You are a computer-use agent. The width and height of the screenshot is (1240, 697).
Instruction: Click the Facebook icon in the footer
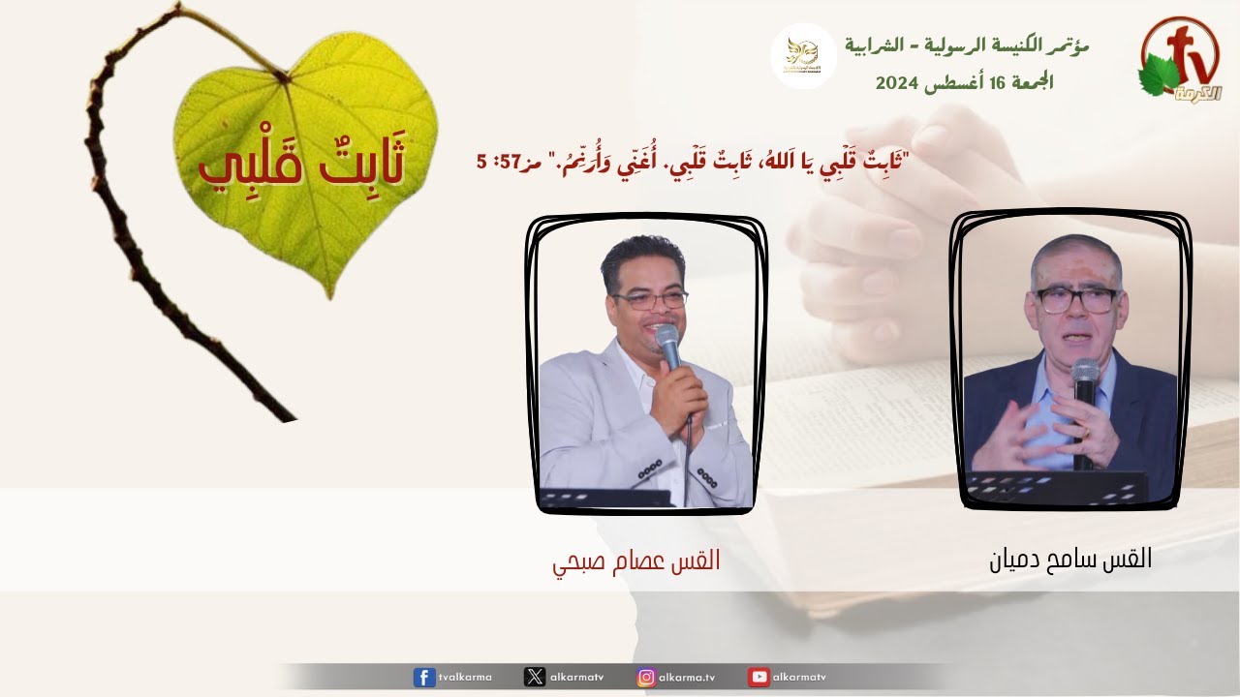tap(424, 677)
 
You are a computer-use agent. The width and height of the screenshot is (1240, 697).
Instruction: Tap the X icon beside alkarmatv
tap(534, 677)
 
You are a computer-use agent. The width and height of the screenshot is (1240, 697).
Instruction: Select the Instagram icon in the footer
tap(646, 677)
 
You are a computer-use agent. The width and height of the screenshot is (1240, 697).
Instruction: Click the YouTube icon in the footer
tap(759, 677)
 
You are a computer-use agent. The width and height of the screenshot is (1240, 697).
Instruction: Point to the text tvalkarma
tap(465, 677)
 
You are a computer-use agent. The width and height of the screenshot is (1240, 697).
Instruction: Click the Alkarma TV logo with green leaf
tap(1180, 60)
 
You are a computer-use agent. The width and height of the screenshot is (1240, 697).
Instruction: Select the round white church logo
tap(803, 56)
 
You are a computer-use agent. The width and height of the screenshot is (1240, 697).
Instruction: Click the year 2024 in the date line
tap(897, 83)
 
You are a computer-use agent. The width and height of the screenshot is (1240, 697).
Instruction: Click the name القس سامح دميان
tap(1070, 559)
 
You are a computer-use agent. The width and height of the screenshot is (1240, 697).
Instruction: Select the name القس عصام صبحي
tap(636, 561)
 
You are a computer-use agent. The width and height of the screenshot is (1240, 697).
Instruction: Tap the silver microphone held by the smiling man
tap(668, 347)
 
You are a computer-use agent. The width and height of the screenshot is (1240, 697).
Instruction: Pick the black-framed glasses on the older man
tap(1076, 300)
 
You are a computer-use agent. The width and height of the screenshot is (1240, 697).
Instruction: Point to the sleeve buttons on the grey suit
tap(707, 477)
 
